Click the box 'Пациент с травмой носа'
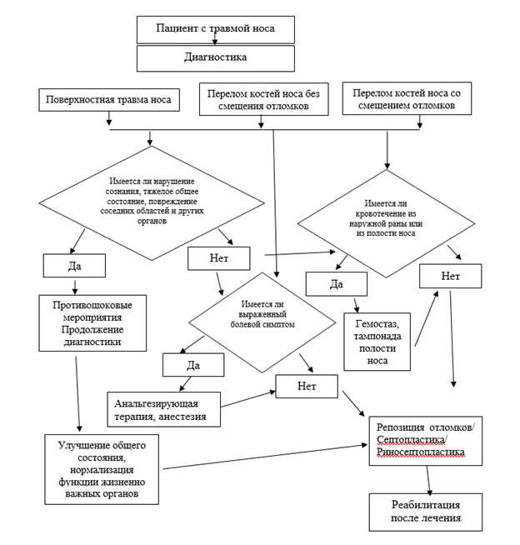click(216, 29)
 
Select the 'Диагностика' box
click(216, 58)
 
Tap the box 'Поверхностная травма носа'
click(109, 100)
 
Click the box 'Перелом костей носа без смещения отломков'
click(264, 99)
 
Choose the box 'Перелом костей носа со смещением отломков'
click(407, 98)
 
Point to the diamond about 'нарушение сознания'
click(152, 203)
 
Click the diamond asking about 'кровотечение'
click(386, 223)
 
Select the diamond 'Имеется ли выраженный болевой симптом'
click(262, 322)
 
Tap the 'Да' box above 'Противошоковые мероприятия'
click(74, 266)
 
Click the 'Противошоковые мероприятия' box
click(92, 323)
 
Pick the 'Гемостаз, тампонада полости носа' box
click(377, 342)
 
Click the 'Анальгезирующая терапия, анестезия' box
click(163, 409)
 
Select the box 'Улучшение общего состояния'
click(102, 469)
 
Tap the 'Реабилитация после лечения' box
click(426, 512)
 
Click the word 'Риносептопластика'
click(421, 452)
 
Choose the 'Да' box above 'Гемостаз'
click(337, 284)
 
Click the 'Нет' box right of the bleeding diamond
click(451, 276)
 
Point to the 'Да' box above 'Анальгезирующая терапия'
click(193, 365)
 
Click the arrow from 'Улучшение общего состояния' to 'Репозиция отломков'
click(265, 457)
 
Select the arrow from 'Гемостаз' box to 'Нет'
click(427, 318)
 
